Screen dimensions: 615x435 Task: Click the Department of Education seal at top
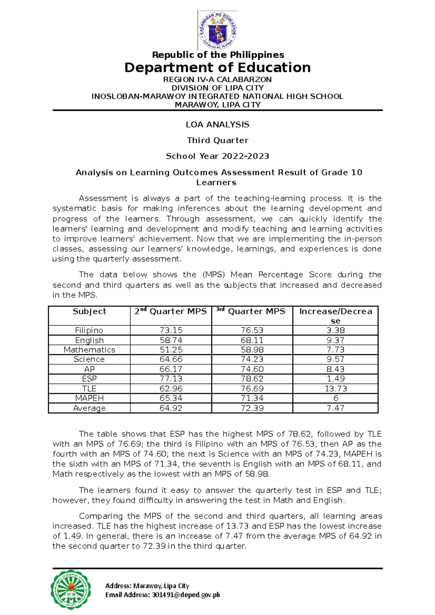(218, 30)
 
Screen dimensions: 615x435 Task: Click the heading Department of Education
(217, 68)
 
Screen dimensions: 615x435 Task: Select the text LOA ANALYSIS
(217, 125)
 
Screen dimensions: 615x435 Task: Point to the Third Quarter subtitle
(217, 141)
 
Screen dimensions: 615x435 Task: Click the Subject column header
(89, 311)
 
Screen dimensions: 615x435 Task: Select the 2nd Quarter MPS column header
(171, 311)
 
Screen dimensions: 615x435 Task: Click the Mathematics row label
(89, 350)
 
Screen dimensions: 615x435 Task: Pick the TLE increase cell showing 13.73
(335, 389)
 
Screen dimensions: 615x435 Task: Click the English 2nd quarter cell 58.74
(171, 340)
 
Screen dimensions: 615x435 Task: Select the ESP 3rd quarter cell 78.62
(252, 379)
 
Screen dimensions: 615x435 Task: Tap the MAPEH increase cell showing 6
(335, 398)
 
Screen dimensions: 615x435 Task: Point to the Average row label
(89, 408)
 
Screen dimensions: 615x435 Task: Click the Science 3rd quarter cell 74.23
(252, 359)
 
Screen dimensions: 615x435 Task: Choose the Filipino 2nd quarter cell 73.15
(171, 330)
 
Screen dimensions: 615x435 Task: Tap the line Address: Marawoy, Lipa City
(147, 586)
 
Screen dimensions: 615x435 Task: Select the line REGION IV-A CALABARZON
(217, 79)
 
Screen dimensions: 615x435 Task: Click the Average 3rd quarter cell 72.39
(252, 408)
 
